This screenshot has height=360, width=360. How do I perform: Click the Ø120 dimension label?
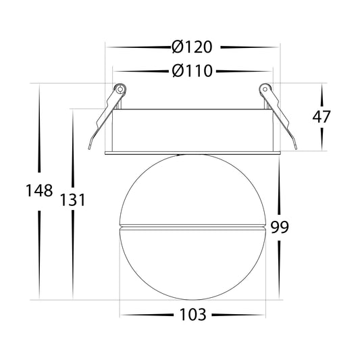pyautogui.click(x=192, y=47)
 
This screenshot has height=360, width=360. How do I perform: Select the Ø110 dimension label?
pyautogui.click(x=192, y=71)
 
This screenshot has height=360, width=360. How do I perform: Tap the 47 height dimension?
pyautogui.click(x=322, y=117)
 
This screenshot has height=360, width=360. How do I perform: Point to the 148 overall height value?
pyautogui.click(x=39, y=190)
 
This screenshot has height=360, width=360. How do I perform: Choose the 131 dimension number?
pyautogui.click(x=72, y=200)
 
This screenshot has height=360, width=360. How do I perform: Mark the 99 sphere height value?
pyautogui.click(x=279, y=228)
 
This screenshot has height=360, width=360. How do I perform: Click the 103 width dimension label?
pyautogui.click(x=193, y=315)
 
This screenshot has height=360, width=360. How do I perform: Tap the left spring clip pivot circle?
pyautogui.click(x=120, y=89)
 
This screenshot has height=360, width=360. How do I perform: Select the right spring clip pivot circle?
pyautogui.click(x=265, y=89)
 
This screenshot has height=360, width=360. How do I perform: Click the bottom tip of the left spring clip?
pyautogui.click(x=89, y=149)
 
